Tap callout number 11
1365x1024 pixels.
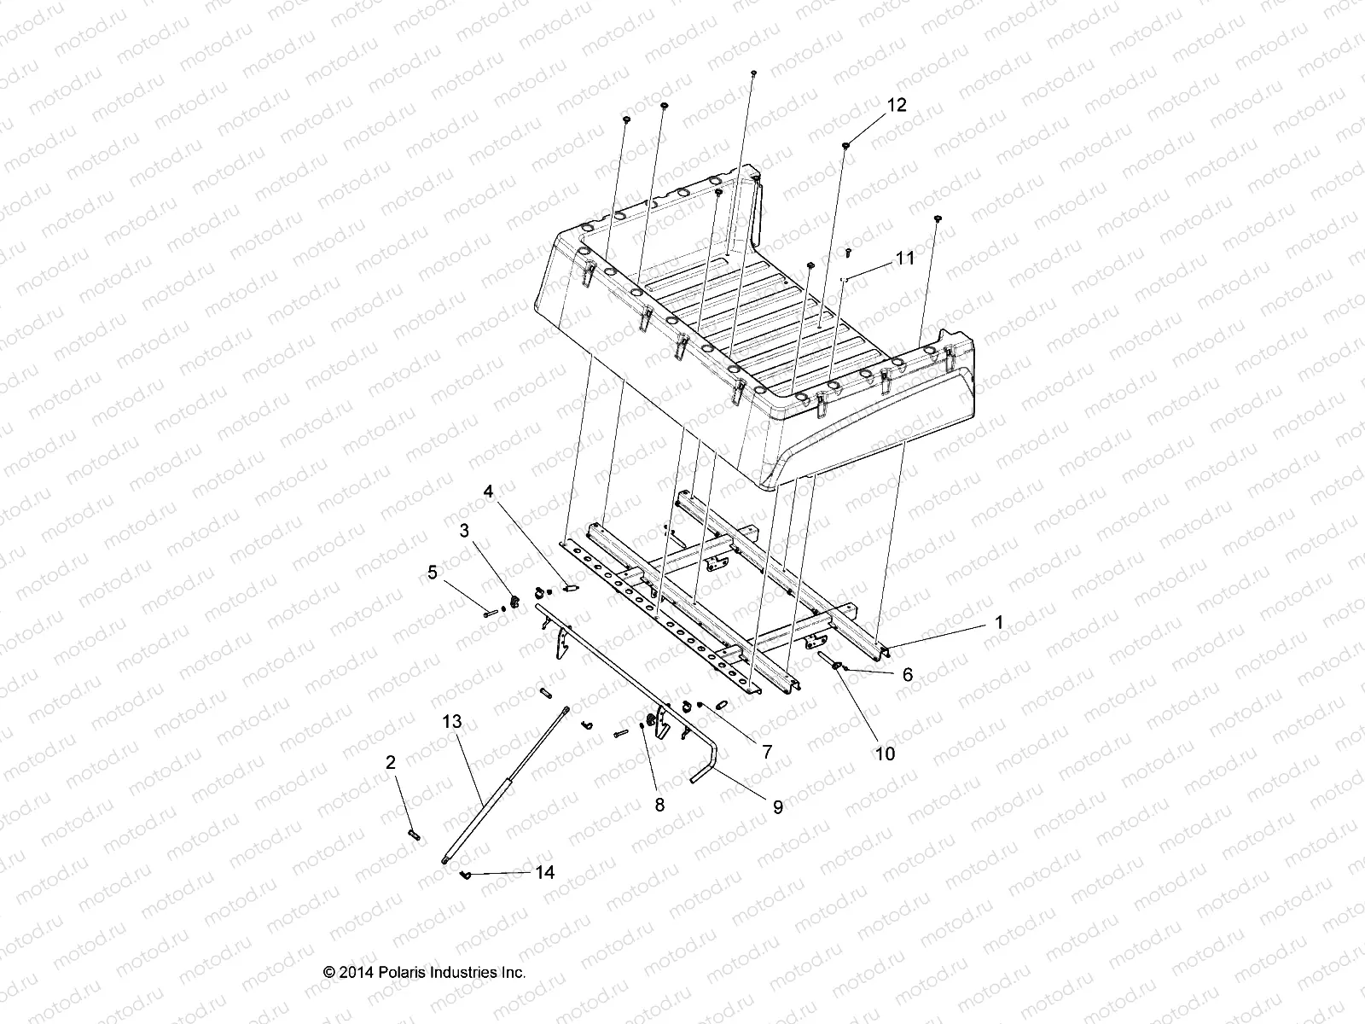tap(903, 258)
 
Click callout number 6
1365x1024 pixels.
tap(907, 674)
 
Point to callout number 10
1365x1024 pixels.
tap(886, 753)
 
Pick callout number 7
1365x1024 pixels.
tap(766, 752)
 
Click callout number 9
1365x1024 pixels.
tap(777, 806)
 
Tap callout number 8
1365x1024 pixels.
tap(659, 804)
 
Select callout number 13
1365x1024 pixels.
tap(452, 721)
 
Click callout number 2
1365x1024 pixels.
tap(391, 762)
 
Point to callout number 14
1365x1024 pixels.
tap(544, 872)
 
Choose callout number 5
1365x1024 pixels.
tap(433, 572)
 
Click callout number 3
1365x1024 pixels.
tap(464, 531)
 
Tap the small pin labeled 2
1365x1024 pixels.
tap(415, 834)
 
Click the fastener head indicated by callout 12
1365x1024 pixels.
tap(845, 146)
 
